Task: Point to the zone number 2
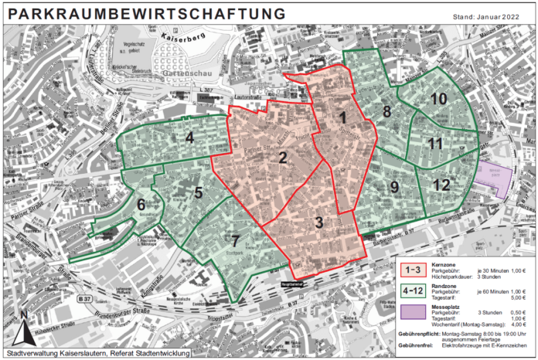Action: tap(284, 158)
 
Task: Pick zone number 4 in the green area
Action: tap(189, 138)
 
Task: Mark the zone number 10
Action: tap(438, 99)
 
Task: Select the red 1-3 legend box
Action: tap(415, 270)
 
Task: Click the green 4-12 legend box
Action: tap(415, 293)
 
